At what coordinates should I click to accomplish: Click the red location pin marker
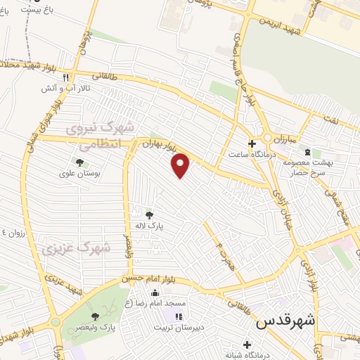pyautogui.click(x=181, y=165)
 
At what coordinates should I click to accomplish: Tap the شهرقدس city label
pyautogui.click(x=285, y=323)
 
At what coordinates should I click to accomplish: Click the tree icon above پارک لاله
pyautogui.click(x=148, y=214)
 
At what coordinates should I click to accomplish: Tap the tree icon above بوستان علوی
pyautogui.click(x=79, y=162)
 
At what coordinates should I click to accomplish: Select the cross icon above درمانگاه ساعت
pyautogui.click(x=252, y=143)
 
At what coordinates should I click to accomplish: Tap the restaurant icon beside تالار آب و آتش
pyautogui.click(x=65, y=77)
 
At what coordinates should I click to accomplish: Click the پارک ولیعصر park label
pyautogui.click(x=96, y=328)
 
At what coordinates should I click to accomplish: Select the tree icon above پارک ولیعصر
pyautogui.click(x=95, y=317)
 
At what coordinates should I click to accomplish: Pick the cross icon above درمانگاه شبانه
pyautogui.click(x=246, y=344)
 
